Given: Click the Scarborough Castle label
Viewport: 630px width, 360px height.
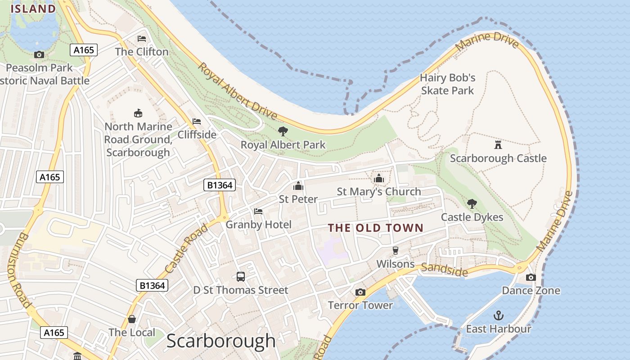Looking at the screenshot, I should pyautogui.click(x=498, y=158).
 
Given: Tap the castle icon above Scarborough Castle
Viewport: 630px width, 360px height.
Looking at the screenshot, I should pyautogui.click(x=498, y=144).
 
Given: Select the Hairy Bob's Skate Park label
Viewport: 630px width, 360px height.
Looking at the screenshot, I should pyautogui.click(x=447, y=84).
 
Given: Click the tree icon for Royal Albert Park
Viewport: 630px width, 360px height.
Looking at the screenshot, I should pyautogui.click(x=283, y=131).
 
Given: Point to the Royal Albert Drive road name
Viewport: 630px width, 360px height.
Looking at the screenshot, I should pyautogui.click(x=237, y=92).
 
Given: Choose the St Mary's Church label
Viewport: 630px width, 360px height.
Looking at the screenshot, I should pyautogui.click(x=379, y=192).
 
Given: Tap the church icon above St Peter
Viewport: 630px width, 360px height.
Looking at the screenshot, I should pyautogui.click(x=298, y=185).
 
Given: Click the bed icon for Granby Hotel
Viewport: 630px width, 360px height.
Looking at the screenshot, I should pyautogui.click(x=258, y=211).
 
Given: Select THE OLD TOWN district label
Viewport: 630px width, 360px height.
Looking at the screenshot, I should pyautogui.click(x=376, y=228).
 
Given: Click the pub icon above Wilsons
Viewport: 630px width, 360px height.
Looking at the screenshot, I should pyautogui.click(x=396, y=250).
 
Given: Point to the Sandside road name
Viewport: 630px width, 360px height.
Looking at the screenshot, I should pyautogui.click(x=444, y=270).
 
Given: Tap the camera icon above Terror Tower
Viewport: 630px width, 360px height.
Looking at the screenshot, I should pyautogui.click(x=360, y=292).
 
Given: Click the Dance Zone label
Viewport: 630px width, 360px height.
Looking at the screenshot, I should pyautogui.click(x=531, y=291).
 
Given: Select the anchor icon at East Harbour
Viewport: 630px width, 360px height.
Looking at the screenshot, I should pyautogui.click(x=498, y=315).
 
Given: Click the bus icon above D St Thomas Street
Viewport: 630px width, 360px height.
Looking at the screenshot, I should pyautogui.click(x=241, y=276).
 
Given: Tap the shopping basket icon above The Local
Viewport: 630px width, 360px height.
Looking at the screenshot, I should pyautogui.click(x=132, y=319).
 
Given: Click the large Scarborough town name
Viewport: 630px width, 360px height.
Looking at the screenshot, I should pyautogui.click(x=221, y=341).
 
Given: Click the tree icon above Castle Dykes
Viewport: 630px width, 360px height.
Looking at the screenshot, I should pyautogui.click(x=472, y=203).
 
